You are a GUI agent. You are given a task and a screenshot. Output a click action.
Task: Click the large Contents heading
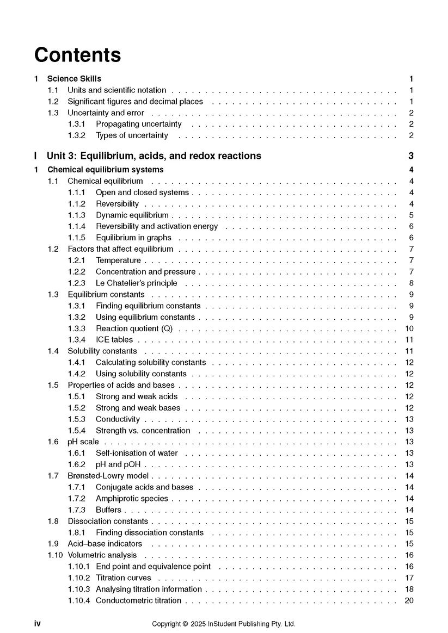click(77, 55)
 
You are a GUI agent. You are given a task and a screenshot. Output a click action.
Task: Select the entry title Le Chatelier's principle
click(136, 283)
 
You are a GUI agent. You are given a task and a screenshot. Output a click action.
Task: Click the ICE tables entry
click(114, 340)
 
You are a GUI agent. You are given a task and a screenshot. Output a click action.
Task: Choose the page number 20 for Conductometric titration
click(409, 600)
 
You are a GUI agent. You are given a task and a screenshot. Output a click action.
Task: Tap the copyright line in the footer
click(224, 624)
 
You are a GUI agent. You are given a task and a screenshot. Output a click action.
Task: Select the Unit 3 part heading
click(154, 156)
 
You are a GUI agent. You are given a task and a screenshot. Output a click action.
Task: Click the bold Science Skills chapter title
click(74, 79)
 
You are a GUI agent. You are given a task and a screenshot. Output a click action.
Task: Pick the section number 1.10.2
click(79, 578)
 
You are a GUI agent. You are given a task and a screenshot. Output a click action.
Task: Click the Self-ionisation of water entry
click(137, 453)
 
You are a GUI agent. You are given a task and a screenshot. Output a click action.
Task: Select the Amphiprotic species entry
click(132, 499)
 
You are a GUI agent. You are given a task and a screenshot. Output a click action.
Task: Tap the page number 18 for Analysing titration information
click(409, 589)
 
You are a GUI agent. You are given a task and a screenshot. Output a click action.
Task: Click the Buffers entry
click(108, 510)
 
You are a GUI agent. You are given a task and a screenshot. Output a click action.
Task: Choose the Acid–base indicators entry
click(105, 544)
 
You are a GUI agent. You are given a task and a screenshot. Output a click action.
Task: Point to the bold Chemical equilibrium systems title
click(106, 170)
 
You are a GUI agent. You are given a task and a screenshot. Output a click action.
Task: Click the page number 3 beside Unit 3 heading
click(411, 156)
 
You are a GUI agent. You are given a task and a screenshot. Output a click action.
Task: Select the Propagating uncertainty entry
click(138, 124)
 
